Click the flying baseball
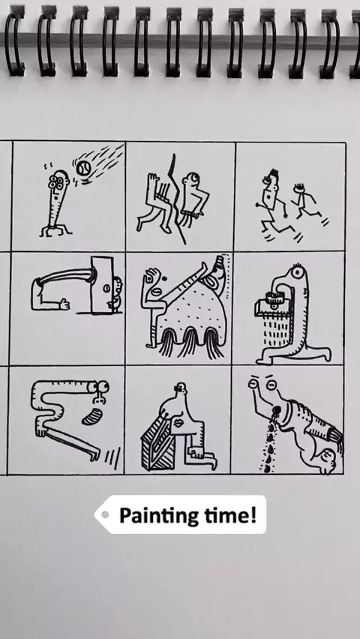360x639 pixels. point(83,169)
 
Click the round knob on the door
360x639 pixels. point(106,289)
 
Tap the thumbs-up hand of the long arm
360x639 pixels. point(64,304)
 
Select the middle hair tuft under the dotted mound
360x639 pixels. point(190,342)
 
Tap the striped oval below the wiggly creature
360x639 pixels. point(92,416)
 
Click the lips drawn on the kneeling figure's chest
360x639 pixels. point(178,424)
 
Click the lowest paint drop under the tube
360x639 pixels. point(267,469)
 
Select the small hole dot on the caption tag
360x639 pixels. point(105,514)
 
